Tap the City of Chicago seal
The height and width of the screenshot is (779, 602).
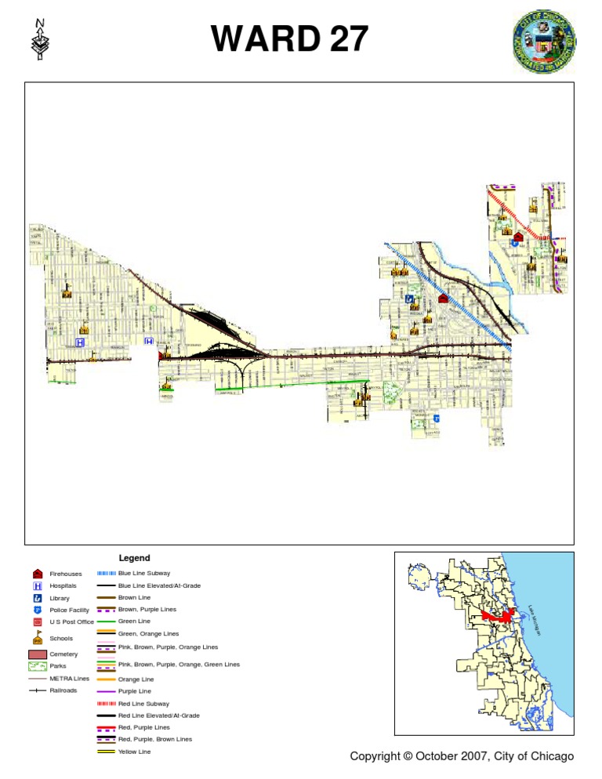544,42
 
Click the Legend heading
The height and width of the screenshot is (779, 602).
134,558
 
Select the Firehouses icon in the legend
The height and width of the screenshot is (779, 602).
37,574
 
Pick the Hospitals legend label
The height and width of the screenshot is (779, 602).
63,585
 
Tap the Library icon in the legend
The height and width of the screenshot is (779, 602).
37,598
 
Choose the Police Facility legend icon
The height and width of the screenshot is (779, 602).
37,610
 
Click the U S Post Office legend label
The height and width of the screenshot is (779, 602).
72,621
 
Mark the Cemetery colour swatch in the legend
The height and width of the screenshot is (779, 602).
38,654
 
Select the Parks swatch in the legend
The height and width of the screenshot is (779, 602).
38,666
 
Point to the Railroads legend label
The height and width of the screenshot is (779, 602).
63,690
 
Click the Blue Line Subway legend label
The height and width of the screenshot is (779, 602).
143,574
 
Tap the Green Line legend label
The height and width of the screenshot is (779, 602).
134,621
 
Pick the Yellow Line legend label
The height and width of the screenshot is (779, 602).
135,752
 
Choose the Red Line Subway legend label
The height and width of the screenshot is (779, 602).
143,704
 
